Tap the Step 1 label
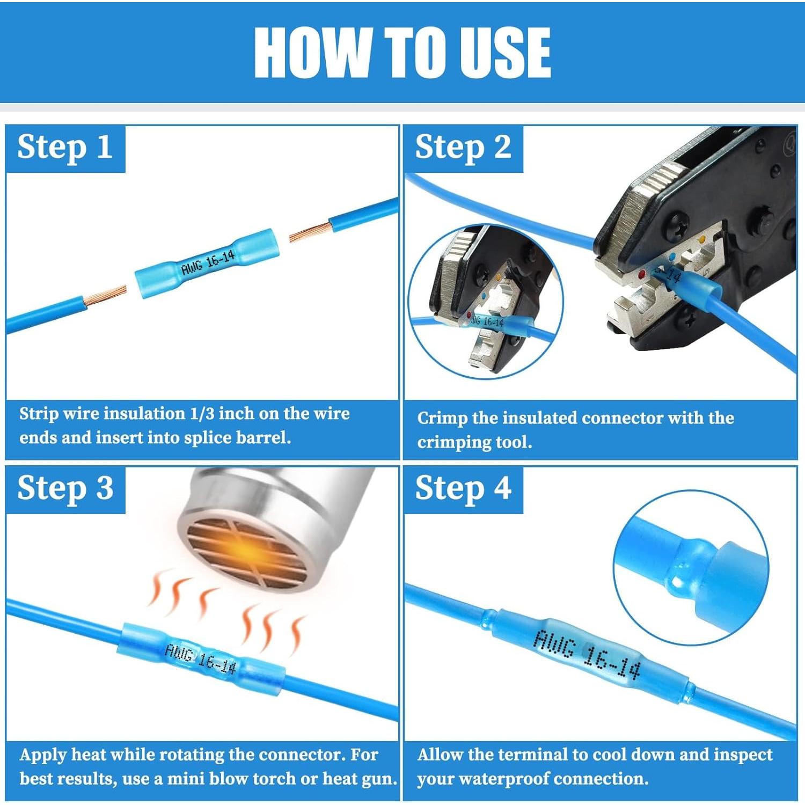click(x=65, y=147)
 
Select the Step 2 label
click(x=463, y=147)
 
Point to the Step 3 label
click(x=65, y=488)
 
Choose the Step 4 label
click(x=463, y=488)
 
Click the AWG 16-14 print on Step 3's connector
click(x=200, y=658)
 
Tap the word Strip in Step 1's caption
click(x=39, y=414)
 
